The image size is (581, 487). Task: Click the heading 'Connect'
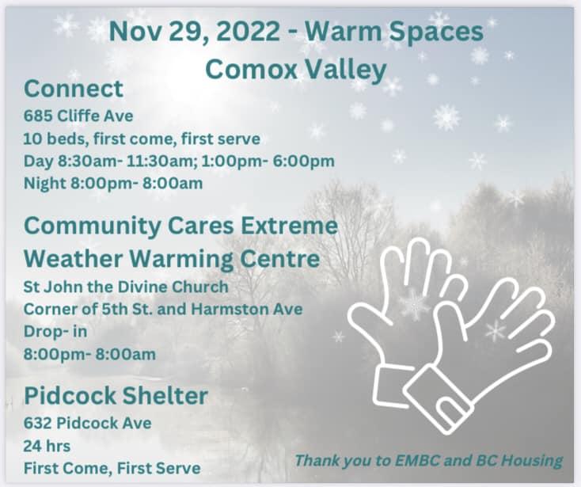tap(74, 89)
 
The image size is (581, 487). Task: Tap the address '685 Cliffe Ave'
tap(78, 116)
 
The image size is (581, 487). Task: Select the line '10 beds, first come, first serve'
tap(142, 139)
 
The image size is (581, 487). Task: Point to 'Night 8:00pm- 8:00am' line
tap(113, 183)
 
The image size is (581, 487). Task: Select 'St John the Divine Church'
tap(126, 287)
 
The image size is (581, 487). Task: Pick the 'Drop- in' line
tap(55, 331)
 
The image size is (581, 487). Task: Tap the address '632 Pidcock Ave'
tap(87, 423)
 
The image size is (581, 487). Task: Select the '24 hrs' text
tap(47, 446)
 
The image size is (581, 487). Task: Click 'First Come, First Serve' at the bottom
tap(112, 468)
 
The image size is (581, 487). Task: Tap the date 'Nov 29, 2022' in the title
tap(195, 32)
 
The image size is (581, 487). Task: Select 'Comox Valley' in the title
tap(296, 70)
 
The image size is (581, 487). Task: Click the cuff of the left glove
tap(393, 386)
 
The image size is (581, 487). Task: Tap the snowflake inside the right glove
tap(496, 330)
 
